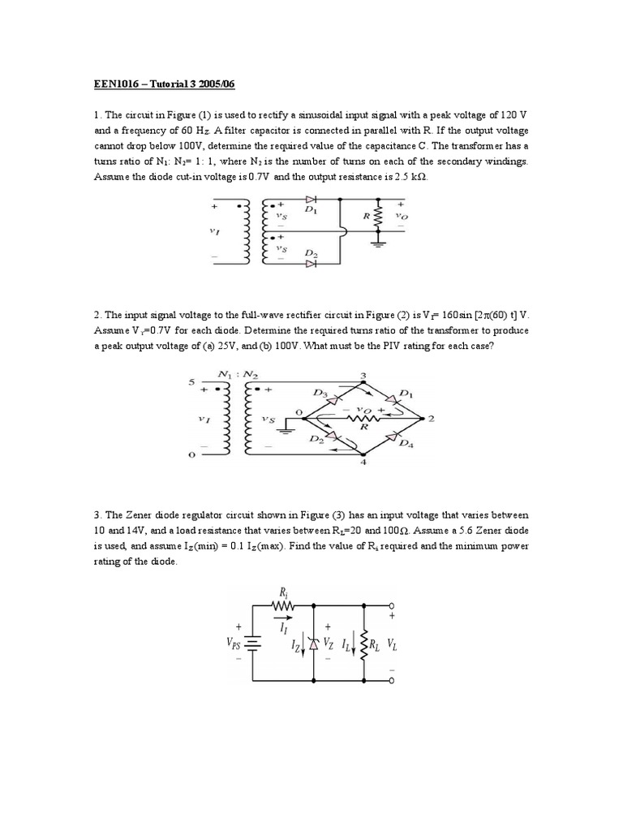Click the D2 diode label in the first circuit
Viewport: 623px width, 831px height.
(310, 254)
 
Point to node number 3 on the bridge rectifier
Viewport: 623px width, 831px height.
(362, 376)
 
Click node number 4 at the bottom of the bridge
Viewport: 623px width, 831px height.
(362, 462)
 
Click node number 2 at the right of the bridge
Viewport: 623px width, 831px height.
(431, 419)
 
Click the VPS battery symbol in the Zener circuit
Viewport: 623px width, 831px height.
(253, 643)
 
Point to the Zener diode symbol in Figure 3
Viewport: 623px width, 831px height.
(314, 643)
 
